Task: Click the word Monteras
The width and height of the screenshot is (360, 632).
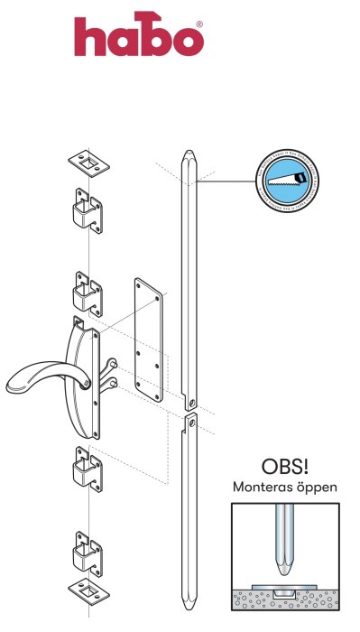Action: point(262,488)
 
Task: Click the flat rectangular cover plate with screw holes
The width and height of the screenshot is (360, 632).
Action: point(147,339)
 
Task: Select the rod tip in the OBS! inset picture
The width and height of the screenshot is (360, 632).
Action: point(284,564)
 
